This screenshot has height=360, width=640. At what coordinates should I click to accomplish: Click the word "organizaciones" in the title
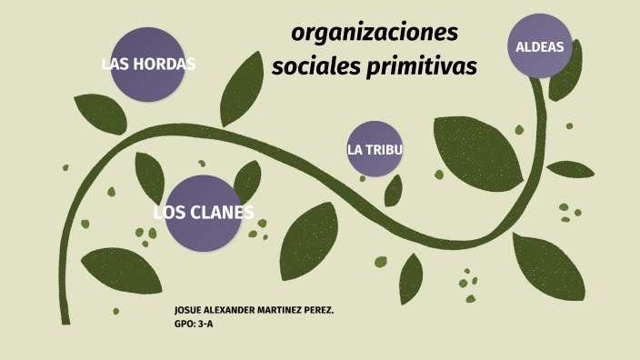point(375,34)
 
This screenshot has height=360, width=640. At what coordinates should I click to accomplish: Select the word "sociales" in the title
point(315,67)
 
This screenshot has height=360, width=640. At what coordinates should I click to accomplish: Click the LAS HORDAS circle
point(148,65)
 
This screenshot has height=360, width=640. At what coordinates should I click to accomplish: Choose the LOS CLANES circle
point(203,213)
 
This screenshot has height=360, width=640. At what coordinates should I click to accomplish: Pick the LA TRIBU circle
point(375,149)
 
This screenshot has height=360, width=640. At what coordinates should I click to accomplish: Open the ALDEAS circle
point(540,46)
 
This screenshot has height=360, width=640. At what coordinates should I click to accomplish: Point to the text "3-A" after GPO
point(205,322)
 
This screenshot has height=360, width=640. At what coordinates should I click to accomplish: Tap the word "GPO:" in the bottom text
point(184,322)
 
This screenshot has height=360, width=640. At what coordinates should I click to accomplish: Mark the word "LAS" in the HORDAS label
point(115,65)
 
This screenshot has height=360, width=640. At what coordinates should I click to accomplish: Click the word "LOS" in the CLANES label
point(169,214)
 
